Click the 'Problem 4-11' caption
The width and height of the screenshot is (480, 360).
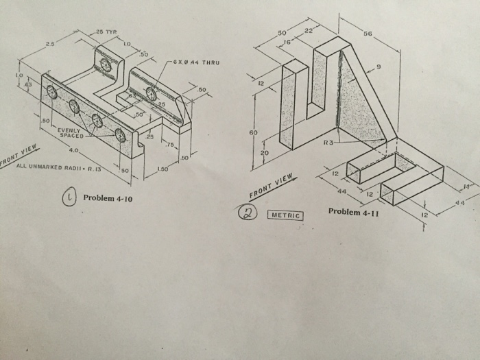pos(354,211)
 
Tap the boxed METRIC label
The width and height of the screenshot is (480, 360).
pos(286,215)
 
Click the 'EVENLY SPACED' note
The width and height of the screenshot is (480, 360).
pos(71,132)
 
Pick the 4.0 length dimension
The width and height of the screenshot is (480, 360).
pos(73,149)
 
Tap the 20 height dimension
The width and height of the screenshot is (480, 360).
pos(264,152)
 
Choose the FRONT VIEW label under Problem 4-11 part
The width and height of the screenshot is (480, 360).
pos(273,186)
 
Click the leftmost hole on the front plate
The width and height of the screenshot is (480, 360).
pos(52,93)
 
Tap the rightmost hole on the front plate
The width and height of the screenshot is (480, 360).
pos(121,135)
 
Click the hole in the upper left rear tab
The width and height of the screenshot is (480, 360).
pos(106,64)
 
